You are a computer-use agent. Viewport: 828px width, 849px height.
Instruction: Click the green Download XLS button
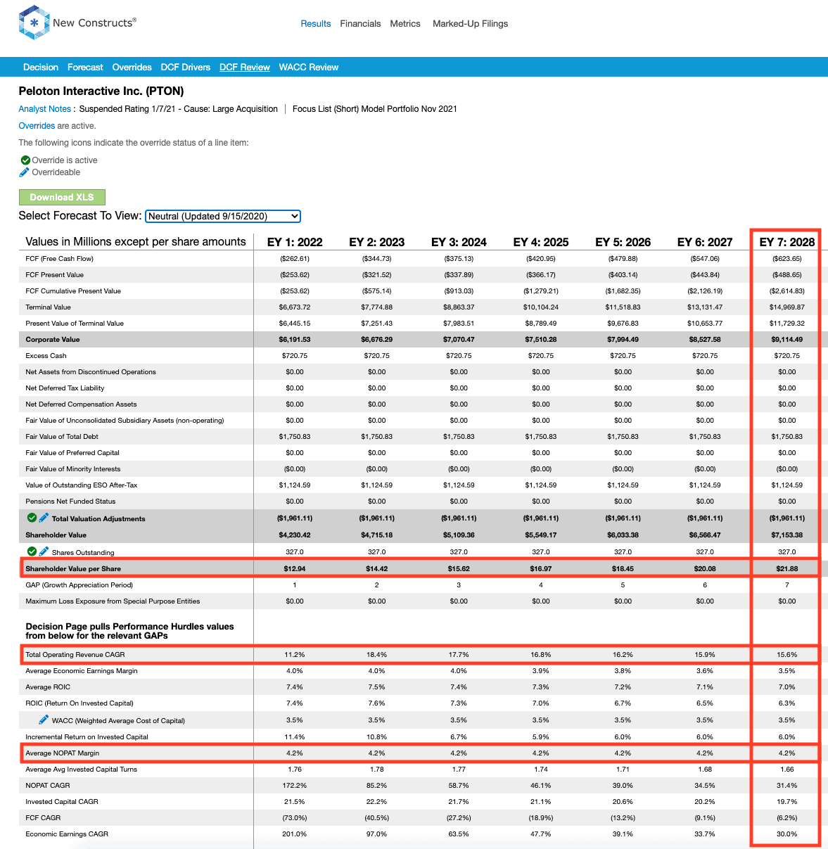pyautogui.click(x=62, y=197)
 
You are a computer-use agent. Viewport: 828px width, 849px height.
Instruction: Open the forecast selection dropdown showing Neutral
pyautogui.click(x=223, y=216)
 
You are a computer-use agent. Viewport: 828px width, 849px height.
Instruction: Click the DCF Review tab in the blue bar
pyautogui.click(x=244, y=68)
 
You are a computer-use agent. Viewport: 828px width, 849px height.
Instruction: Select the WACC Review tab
pyautogui.click(x=308, y=68)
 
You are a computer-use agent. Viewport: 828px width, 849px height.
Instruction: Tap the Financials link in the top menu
pyautogui.click(x=360, y=23)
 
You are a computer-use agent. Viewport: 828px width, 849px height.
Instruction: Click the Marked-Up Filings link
pyautogui.click(x=470, y=23)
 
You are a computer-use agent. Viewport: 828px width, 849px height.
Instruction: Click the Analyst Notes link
pyautogui.click(x=44, y=108)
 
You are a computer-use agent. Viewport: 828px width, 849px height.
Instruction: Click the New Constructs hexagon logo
pyautogui.click(x=34, y=23)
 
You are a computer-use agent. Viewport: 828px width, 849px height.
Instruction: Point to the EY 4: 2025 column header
pyautogui.click(x=540, y=242)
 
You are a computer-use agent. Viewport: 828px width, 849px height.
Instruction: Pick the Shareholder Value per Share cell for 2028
pyautogui.click(x=787, y=568)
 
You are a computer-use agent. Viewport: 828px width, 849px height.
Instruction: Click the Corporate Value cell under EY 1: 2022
pyautogui.click(x=295, y=340)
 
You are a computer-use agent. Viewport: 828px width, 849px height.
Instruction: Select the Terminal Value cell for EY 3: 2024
pyautogui.click(x=459, y=307)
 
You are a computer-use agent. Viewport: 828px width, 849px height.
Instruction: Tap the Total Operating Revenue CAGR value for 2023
pyautogui.click(x=376, y=654)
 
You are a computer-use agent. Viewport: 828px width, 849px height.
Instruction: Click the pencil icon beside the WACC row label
pyautogui.click(x=43, y=720)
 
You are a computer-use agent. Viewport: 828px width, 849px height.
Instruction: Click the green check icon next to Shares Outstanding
pyautogui.click(x=32, y=551)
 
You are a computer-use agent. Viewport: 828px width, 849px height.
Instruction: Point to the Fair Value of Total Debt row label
pyautogui.click(x=62, y=436)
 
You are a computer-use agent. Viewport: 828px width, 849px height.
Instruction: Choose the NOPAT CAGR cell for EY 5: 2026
pyautogui.click(x=623, y=785)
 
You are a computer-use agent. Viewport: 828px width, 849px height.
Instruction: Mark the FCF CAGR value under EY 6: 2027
pyautogui.click(x=705, y=817)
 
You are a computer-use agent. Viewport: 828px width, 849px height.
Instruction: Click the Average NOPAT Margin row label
pyautogui.click(x=63, y=753)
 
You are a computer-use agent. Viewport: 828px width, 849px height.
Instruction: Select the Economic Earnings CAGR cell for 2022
pyautogui.click(x=295, y=834)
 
